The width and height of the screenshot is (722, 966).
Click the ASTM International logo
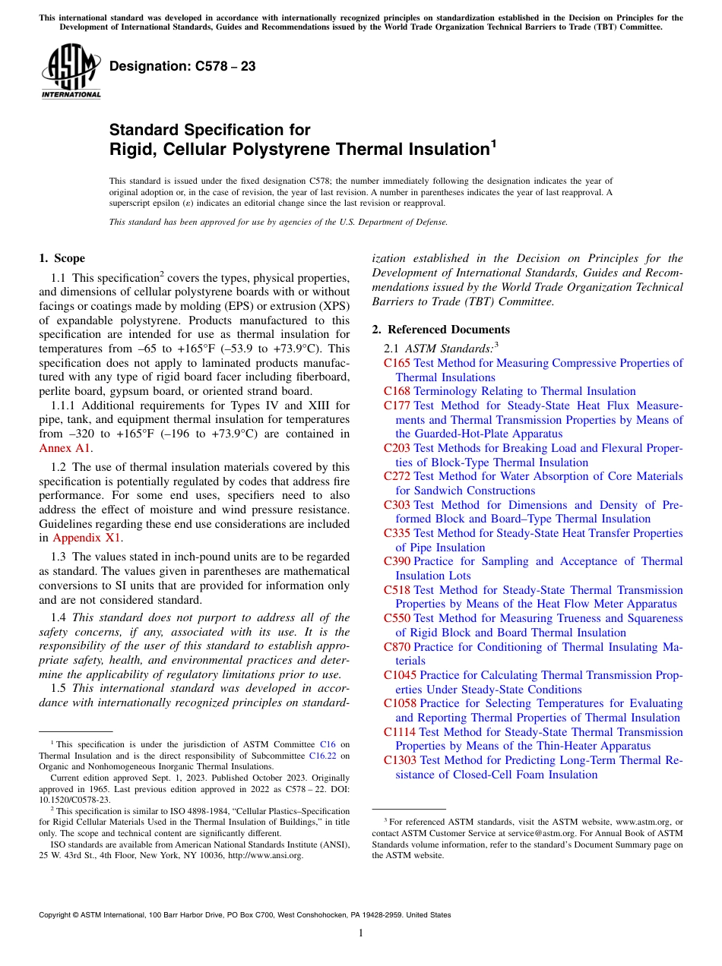click(71, 72)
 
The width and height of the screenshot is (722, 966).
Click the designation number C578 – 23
click(182, 67)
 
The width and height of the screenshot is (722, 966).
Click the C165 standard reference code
click(397, 363)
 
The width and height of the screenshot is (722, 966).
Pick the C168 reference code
click(397, 391)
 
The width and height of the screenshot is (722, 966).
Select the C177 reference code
click(397, 406)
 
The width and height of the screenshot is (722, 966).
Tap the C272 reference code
click(397, 476)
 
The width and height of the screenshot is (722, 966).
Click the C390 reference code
click(397, 561)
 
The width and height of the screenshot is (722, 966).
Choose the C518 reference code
click(397, 590)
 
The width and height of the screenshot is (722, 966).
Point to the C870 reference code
click(397, 647)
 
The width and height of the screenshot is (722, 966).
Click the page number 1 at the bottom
click(361, 933)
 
